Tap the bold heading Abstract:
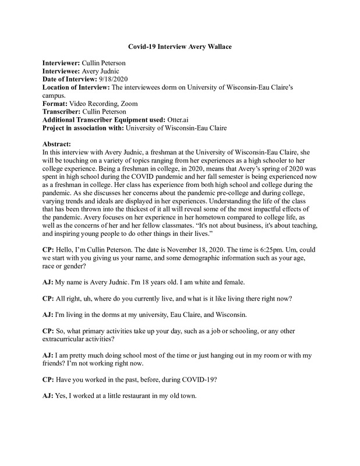(x=61, y=143)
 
